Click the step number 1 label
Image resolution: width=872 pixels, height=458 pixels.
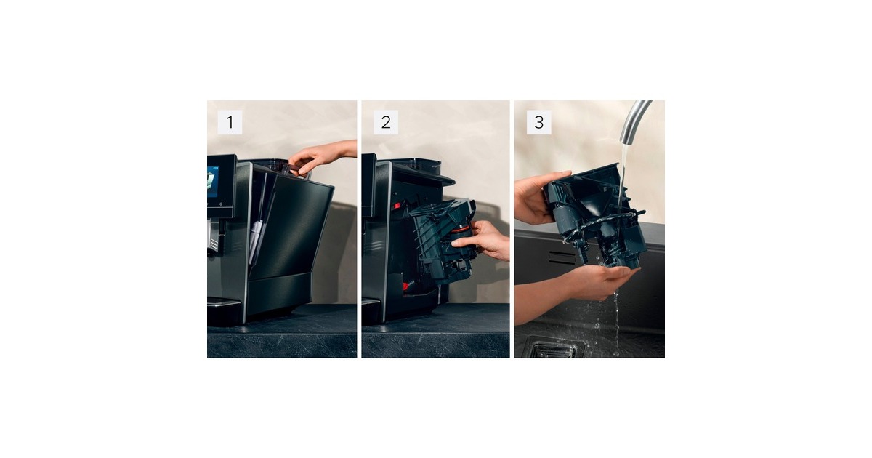(x=230, y=122)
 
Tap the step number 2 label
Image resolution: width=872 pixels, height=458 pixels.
(x=386, y=122)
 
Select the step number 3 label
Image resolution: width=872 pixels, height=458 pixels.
(x=538, y=122)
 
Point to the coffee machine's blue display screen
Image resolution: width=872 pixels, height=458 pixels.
(x=212, y=182)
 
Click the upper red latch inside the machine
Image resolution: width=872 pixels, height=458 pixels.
(x=397, y=205)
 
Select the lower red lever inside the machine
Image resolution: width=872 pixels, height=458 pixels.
(x=406, y=286)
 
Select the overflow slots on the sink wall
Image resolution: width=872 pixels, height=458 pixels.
(x=562, y=258)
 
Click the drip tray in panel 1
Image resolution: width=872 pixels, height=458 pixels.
(x=224, y=302)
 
